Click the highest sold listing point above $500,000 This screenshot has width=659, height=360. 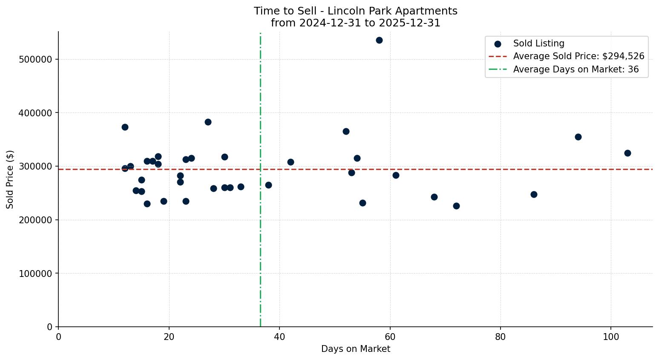pos(379,40)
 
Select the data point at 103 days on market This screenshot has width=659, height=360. pos(627,153)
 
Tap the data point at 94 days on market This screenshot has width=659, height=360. pos(578,137)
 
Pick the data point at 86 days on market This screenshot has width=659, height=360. pos(534,194)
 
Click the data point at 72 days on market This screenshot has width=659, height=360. pos(456,206)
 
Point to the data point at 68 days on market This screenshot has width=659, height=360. pos(434,197)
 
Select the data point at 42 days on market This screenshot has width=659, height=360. pos(291,162)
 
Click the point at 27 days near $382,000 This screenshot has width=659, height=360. pos(208,122)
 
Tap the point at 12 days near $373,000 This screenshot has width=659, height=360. pos(125,127)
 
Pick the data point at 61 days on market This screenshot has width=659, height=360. pos(396,175)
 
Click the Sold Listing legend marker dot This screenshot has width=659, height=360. pos(498,44)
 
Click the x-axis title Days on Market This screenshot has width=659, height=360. pos(355,349)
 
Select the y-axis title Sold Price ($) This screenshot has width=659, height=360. pos(10,179)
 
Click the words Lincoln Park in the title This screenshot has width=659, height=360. pos(355,11)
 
